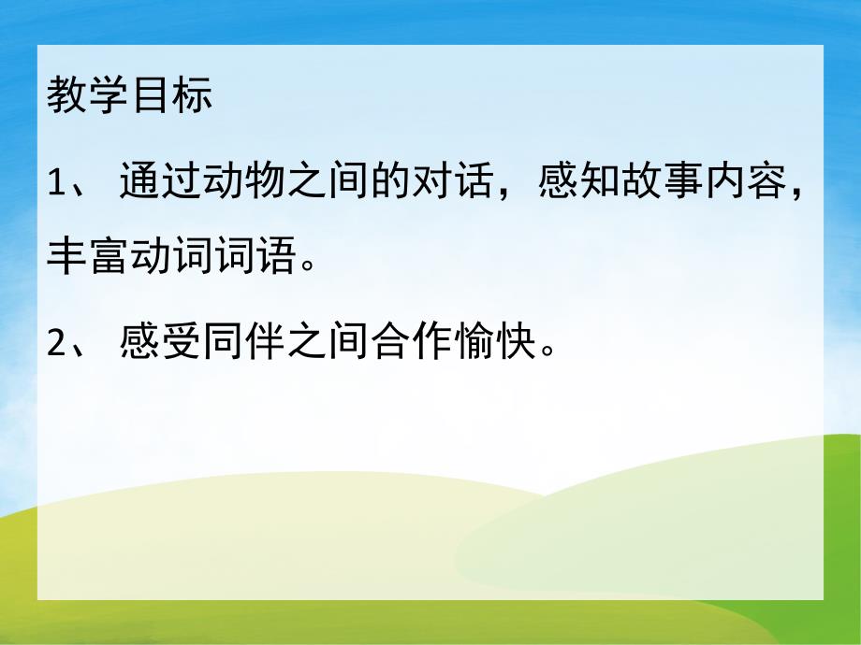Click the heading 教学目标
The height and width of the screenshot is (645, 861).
130,96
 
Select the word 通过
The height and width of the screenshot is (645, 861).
161,185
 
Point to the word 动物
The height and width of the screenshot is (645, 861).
244,185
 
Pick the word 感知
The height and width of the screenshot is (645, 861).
579,185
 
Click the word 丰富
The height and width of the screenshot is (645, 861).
88,252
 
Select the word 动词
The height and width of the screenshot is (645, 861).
171,252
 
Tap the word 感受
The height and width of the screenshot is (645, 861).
161,347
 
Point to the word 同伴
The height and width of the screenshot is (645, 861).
244,347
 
